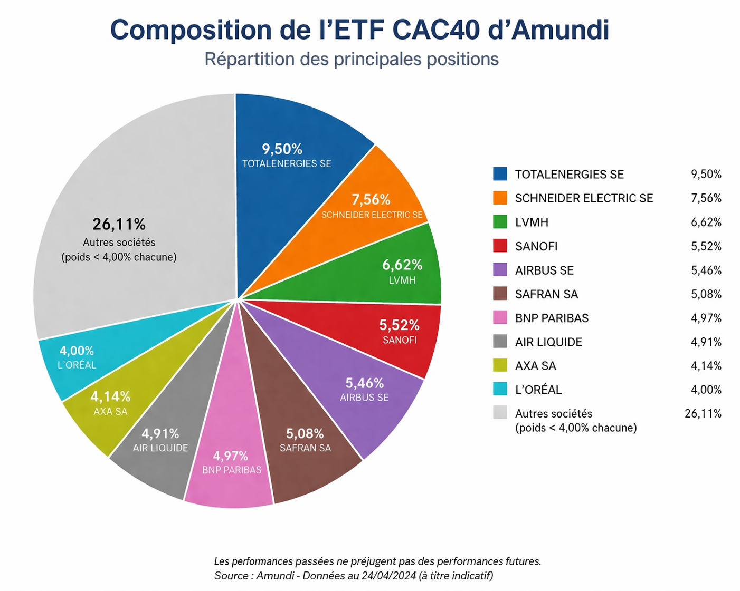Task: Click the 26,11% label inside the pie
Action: [119, 224]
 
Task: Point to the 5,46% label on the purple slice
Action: [364, 383]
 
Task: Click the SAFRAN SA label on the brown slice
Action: [305, 448]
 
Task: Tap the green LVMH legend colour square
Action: [500, 222]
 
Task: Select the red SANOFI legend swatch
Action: [500, 246]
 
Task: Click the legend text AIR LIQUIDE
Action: [548, 342]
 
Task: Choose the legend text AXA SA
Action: [535, 366]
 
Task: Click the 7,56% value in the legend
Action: [706, 198]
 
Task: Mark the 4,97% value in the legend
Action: [706, 318]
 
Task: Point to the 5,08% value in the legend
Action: [706, 294]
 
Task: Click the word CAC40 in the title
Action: [436, 30]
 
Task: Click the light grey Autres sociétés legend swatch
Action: [500, 412]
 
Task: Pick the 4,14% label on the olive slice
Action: [110, 396]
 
